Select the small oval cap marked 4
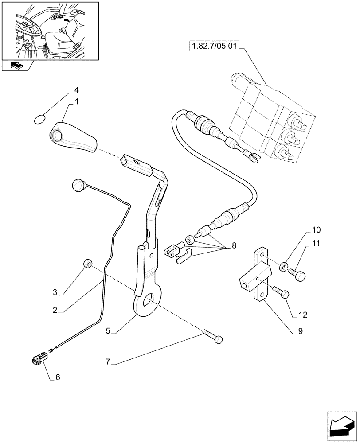click(40, 119)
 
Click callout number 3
click(55, 292)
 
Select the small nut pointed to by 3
click(87, 264)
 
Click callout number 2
click(55, 311)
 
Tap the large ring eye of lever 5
click(146, 304)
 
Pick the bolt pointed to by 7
click(212, 336)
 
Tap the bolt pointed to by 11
click(299, 275)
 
